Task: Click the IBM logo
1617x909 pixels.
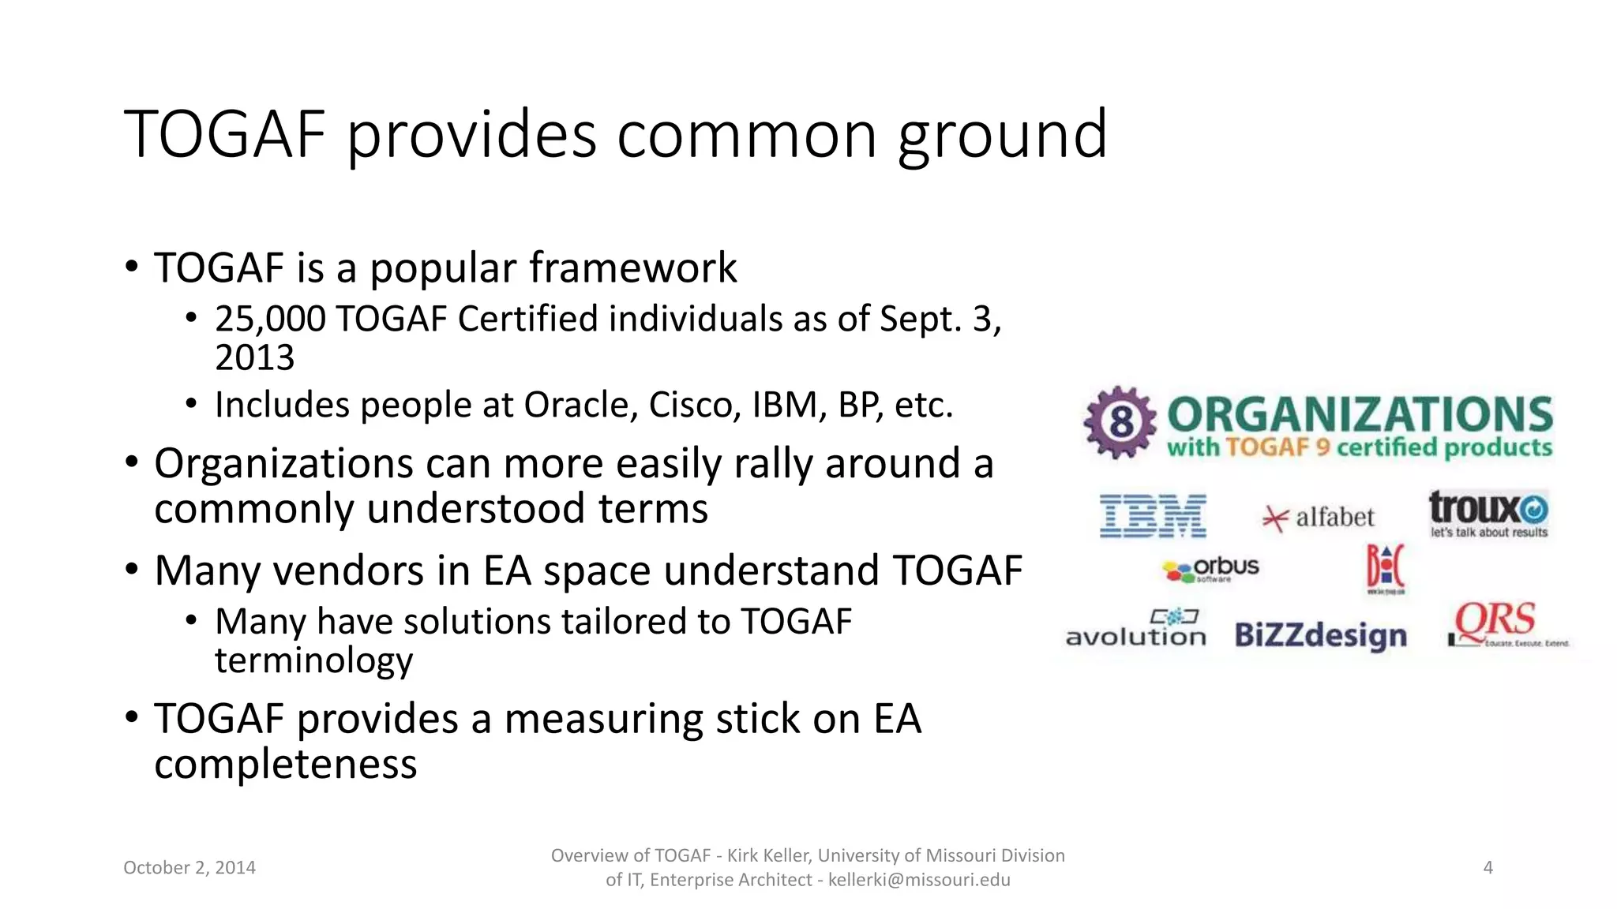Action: (1153, 517)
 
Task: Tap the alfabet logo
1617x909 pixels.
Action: (1319, 518)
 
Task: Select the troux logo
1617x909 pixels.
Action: (1488, 513)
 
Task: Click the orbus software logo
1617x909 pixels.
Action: (1211, 569)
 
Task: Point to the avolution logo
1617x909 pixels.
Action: (1135, 630)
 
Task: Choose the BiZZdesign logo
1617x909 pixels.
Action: (1320, 635)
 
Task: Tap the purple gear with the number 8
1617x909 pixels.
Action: (1120, 423)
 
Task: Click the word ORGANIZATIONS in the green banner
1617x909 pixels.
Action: (1360, 415)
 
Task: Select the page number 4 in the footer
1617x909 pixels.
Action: (1488, 867)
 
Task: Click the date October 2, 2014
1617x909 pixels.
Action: (189, 867)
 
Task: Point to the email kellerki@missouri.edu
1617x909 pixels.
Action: (918, 880)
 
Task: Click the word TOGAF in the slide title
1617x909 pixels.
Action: (225, 134)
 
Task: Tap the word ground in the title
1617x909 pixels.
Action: (1002, 136)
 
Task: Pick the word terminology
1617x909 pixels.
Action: (313, 660)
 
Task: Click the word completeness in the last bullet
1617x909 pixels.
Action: (285, 764)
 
